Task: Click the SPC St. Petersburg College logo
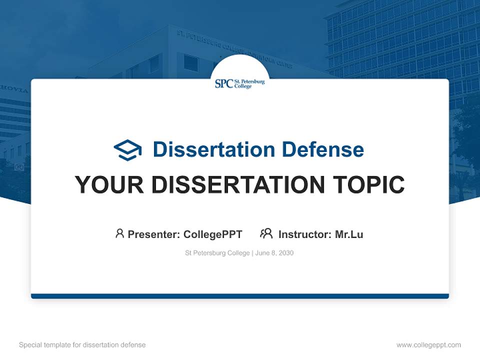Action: point(239,83)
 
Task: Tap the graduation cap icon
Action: point(127,150)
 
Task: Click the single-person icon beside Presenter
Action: point(119,233)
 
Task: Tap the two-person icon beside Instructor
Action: point(266,233)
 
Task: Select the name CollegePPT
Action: point(212,234)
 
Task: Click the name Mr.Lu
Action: point(349,234)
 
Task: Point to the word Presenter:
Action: point(154,234)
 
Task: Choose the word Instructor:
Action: point(305,234)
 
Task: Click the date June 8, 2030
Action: point(274,253)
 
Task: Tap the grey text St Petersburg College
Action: point(217,253)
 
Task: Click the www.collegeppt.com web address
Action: point(428,345)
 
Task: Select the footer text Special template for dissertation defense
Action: point(82,345)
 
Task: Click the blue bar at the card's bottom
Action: point(240,296)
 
